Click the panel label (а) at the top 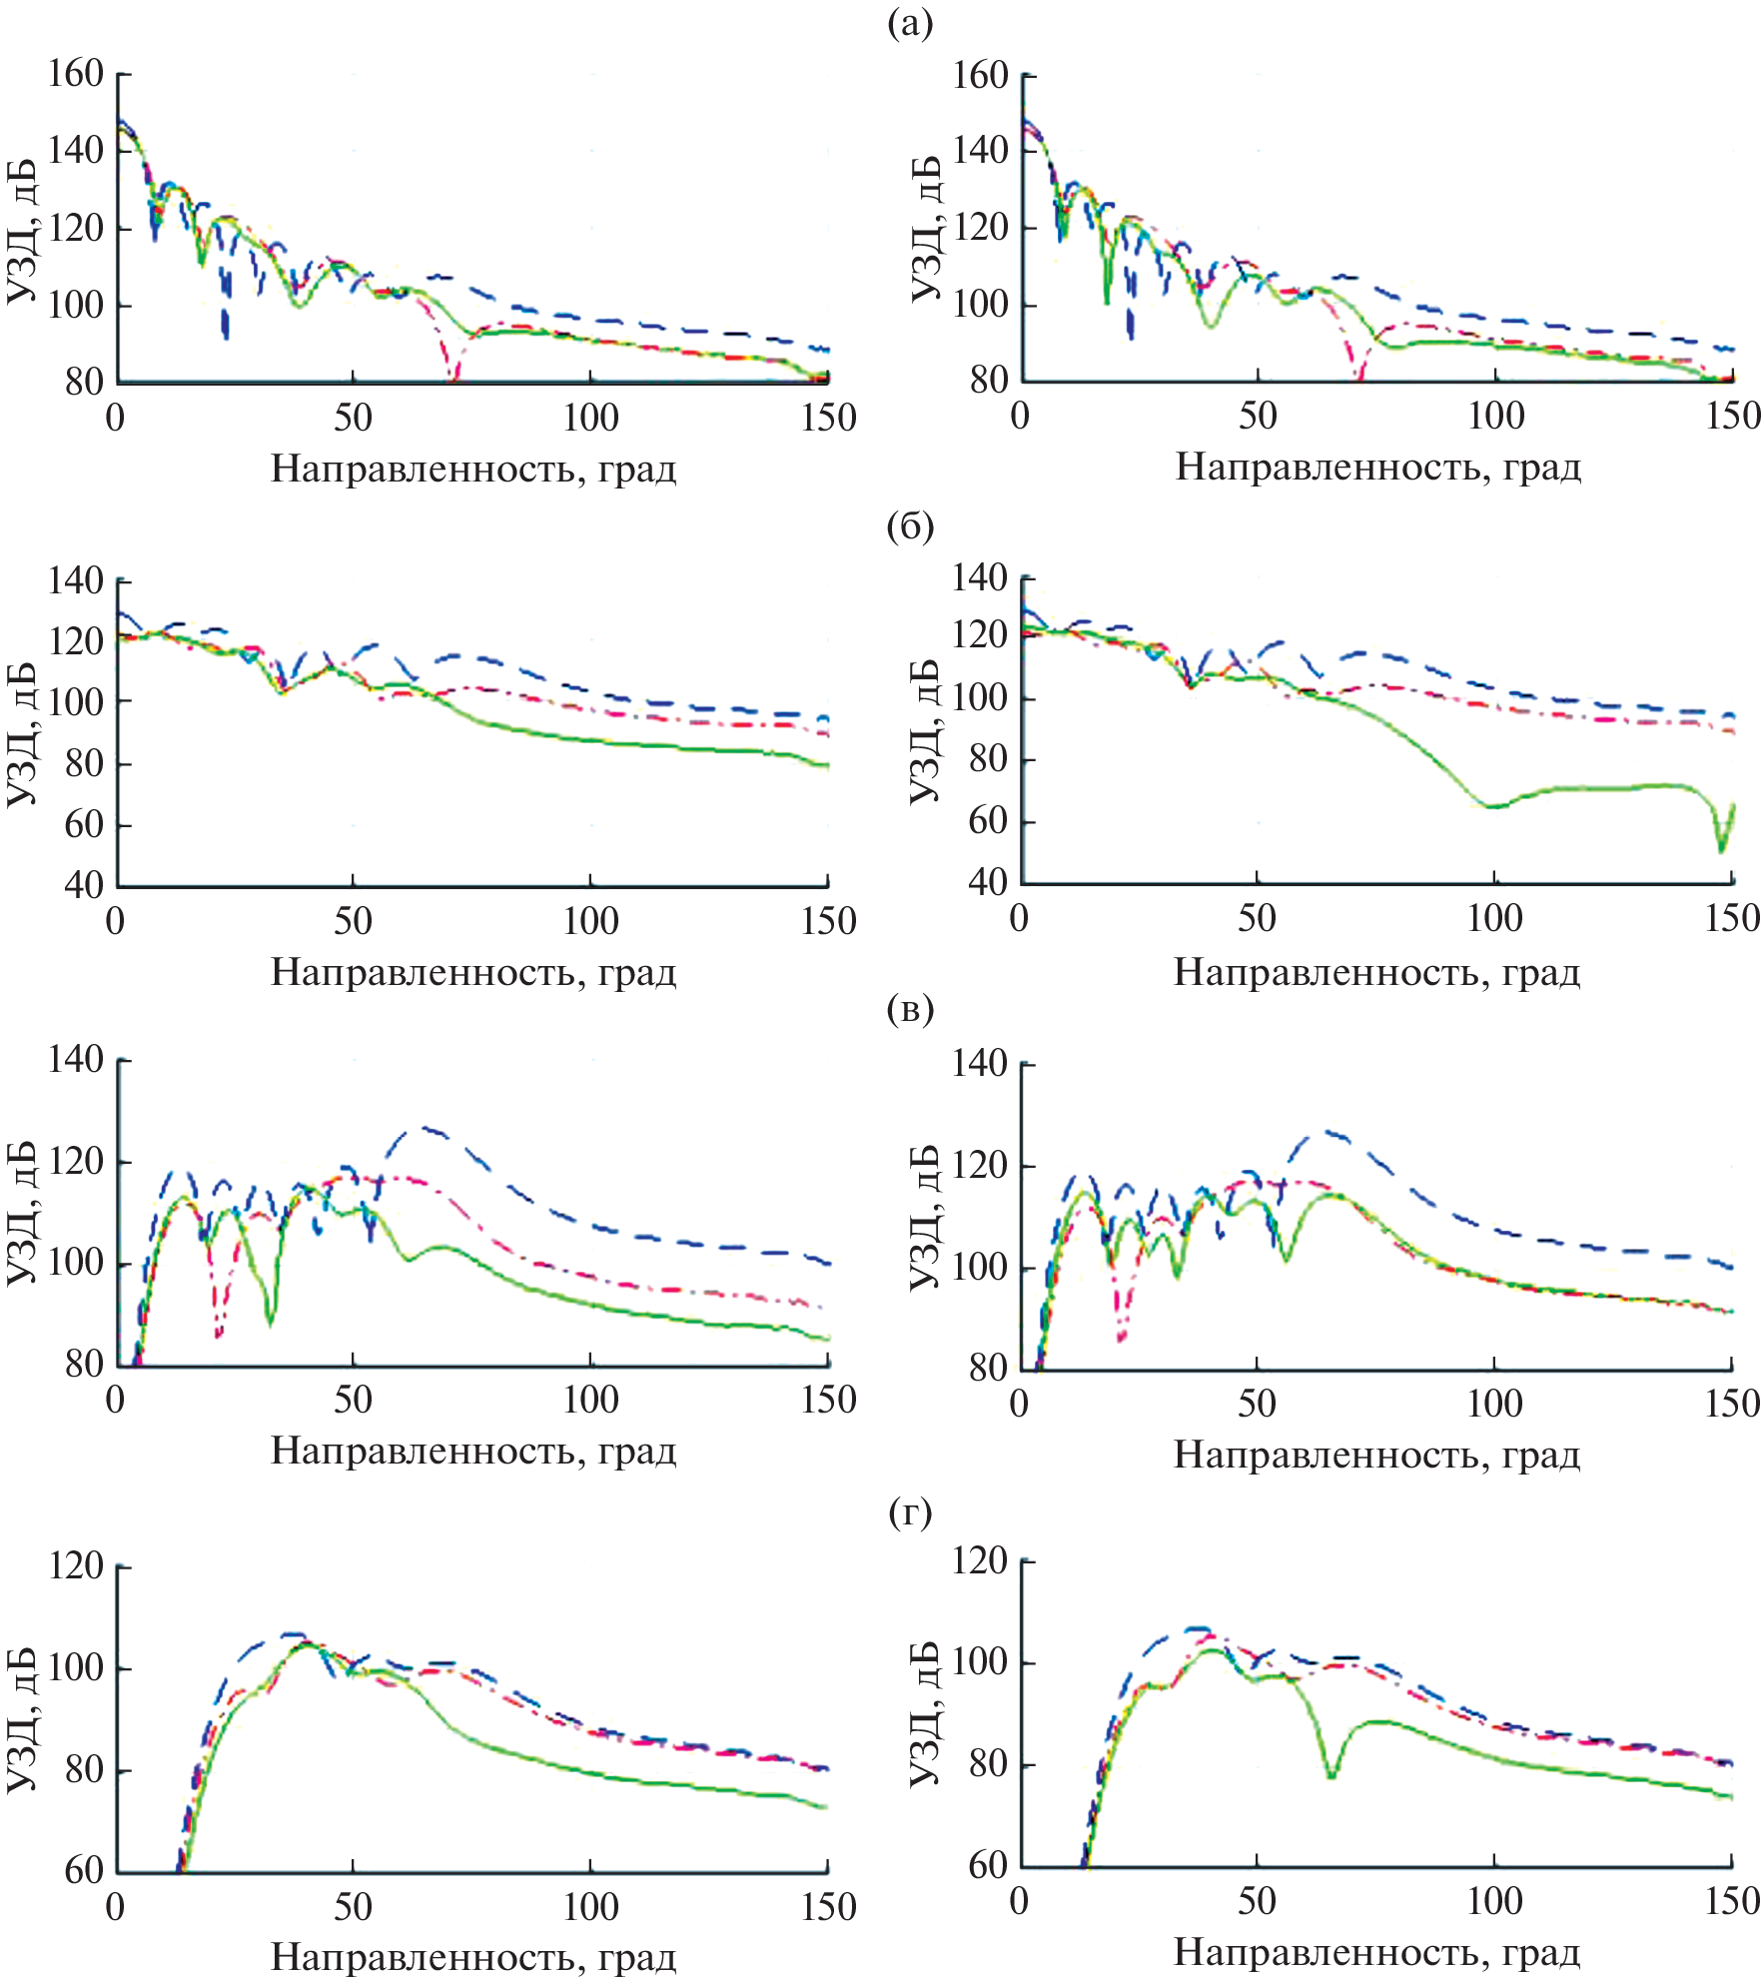[x=909, y=23]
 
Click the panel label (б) [x=909, y=526]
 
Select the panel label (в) [x=909, y=1010]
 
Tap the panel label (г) [x=909, y=1514]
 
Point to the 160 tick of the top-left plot [x=77, y=74]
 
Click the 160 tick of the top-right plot [x=981, y=76]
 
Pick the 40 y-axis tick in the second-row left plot [x=83, y=885]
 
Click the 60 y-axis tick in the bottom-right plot [x=988, y=1865]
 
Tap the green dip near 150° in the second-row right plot [x=1721, y=849]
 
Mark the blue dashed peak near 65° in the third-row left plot [x=428, y=1129]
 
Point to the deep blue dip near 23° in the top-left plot [x=226, y=335]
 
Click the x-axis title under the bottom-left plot [x=473, y=1956]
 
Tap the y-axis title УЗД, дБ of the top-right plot [x=926, y=229]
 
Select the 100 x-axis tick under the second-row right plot [x=1494, y=917]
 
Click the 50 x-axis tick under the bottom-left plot [x=354, y=1907]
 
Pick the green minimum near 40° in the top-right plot [x=1211, y=326]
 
